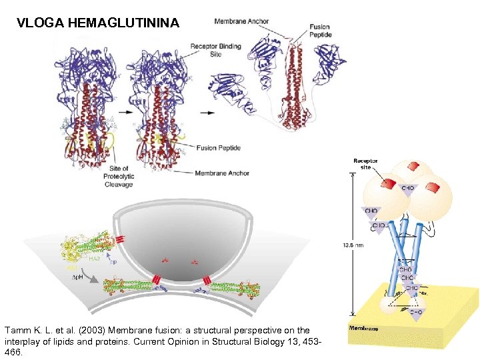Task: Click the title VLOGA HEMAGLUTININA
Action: tap(98, 23)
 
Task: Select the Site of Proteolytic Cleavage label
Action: tap(119, 177)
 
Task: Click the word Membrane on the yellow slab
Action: tap(364, 328)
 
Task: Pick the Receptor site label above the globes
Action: tap(365, 164)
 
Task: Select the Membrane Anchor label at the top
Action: tap(241, 21)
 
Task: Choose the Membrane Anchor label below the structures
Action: tap(222, 173)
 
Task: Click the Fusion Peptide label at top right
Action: tap(319, 31)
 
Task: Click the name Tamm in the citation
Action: tap(16, 330)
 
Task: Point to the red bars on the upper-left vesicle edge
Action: tap(121, 239)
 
